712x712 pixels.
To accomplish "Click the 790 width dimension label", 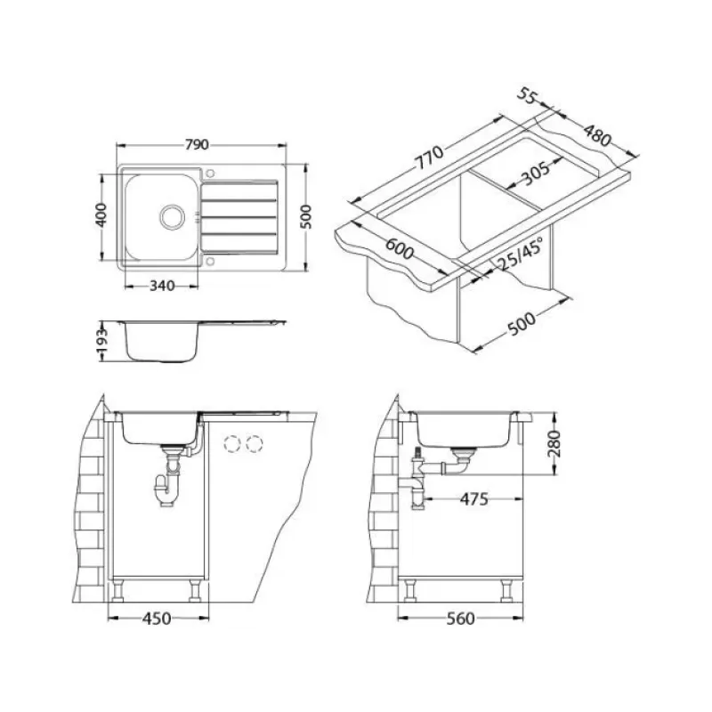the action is (197, 144).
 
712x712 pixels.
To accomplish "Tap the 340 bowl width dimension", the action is (162, 286).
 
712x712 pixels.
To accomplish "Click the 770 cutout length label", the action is (429, 158).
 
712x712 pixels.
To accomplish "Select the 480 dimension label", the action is (597, 135).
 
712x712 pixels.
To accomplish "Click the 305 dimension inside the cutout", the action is (535, 173).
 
